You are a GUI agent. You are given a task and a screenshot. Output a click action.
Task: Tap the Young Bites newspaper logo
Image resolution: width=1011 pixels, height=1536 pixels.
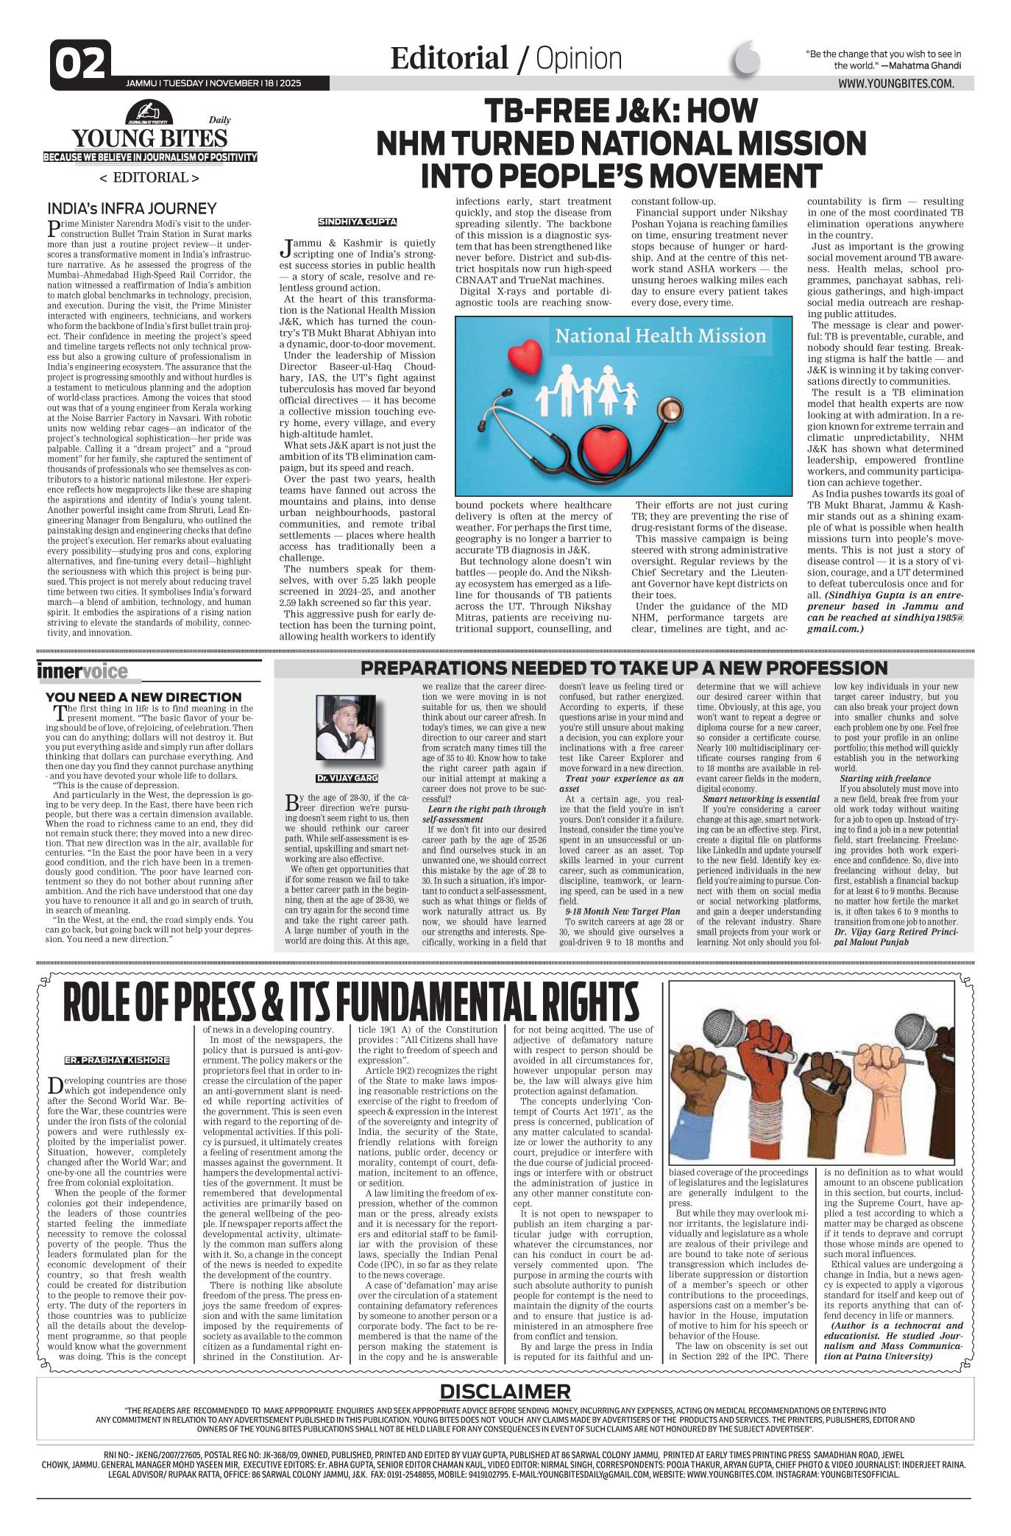(x=149, y=137)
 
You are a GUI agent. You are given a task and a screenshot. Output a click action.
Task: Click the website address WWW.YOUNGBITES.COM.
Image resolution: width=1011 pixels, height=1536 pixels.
(x=895, y=84)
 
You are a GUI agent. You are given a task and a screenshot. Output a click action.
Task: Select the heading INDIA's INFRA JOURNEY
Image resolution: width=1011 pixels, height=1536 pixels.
(x=131, y=208)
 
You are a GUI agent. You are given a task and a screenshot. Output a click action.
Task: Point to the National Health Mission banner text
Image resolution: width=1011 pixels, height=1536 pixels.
(x=660, y=336)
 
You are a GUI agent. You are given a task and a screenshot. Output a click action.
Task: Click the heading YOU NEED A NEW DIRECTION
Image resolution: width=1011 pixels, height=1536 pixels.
(x=143, y=696)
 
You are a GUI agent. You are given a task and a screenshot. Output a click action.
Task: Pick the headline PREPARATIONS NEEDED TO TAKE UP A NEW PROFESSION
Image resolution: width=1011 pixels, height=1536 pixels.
(x=624, y=668)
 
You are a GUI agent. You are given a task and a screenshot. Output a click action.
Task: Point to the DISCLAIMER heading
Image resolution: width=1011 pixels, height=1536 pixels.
(x=505, y=1391)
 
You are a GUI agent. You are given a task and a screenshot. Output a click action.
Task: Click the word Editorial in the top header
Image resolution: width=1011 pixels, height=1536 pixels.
(x=449, y=58)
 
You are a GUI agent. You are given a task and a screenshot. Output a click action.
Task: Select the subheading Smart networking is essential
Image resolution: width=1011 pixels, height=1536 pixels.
(x=761, y=798)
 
